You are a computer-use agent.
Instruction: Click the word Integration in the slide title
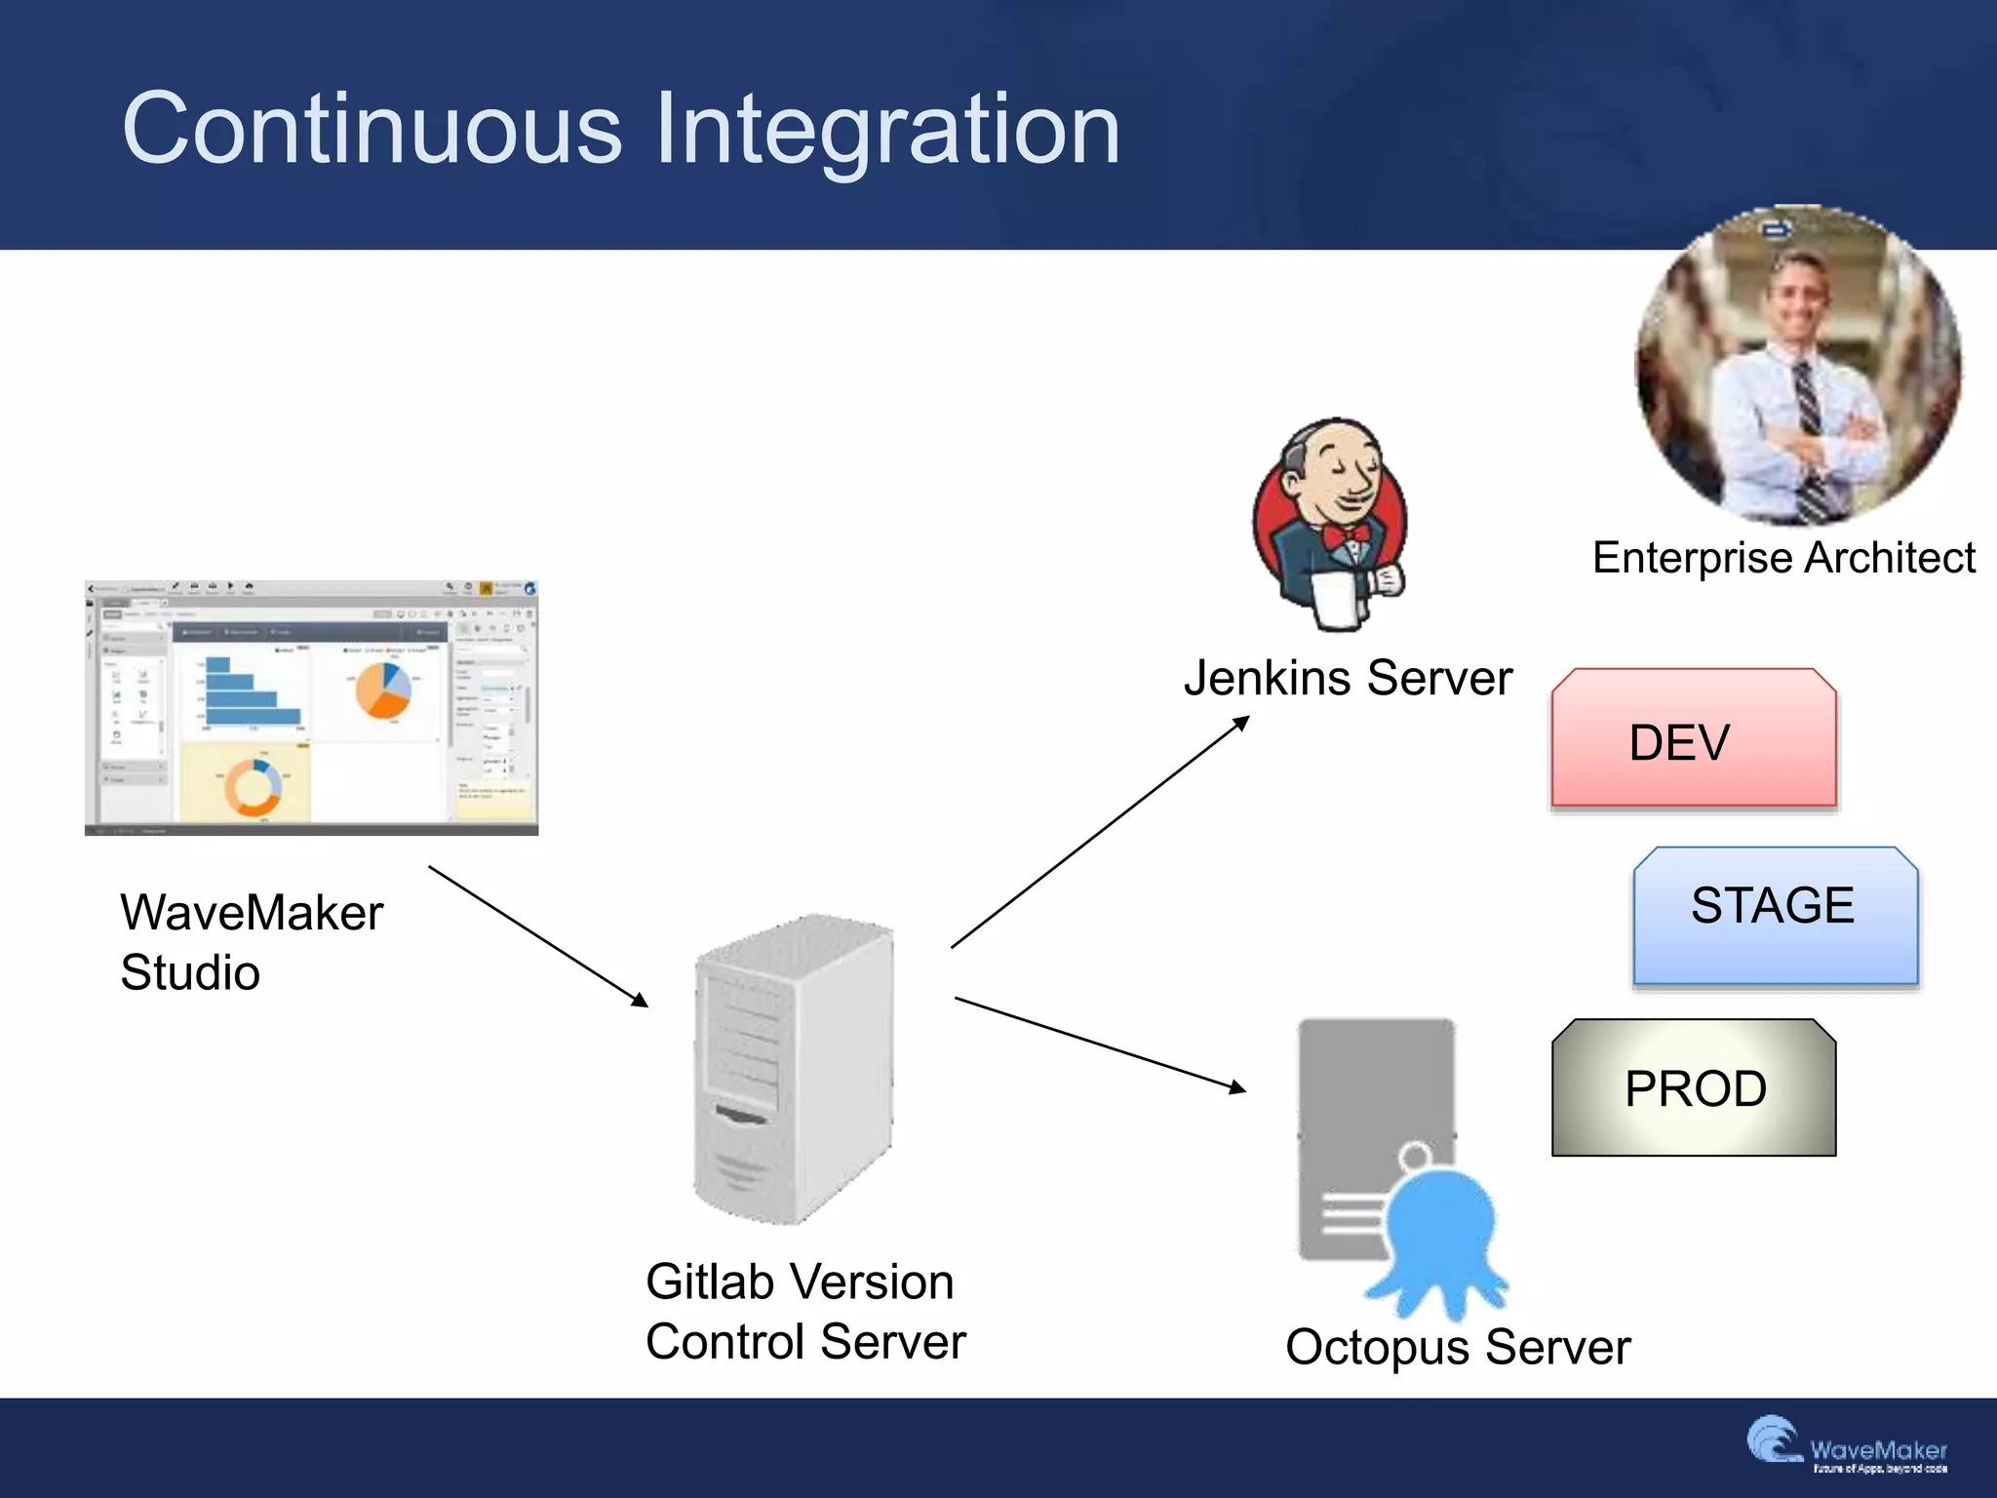(x=887, y=130)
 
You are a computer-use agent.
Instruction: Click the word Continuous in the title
(x=372, y=130)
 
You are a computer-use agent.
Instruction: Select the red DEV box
(x=1694, y=739)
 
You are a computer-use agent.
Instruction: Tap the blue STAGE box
(x=1775, y=915)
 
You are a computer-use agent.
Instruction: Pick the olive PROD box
(x=1694, y=1088)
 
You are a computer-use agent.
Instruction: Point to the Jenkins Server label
(x=1348, y=678)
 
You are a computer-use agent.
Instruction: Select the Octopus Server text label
(x=1458, y=1347)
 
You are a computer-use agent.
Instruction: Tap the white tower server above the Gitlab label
(x=792, y=1070)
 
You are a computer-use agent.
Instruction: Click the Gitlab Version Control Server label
(x=805, y=1311)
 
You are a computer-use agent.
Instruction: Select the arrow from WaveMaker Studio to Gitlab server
(x=538, y=936)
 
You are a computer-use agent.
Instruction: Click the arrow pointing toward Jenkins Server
(x=1100, y=832)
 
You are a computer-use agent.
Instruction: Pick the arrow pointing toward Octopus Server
(x=1100, y=1043)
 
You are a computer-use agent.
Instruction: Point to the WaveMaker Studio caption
(x=252, y=942)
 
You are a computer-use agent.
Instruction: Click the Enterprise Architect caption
(x=1783, y=558)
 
